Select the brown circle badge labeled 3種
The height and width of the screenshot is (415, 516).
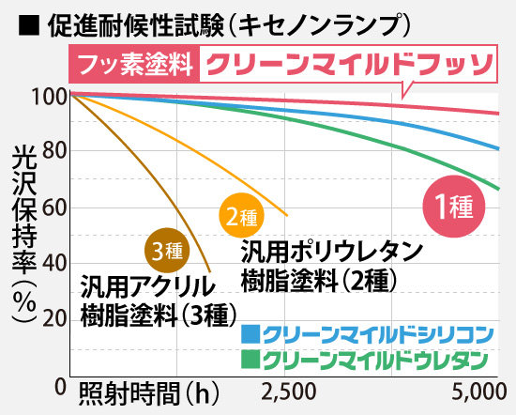[x=170, y=251]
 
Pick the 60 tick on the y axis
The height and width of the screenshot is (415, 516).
[x=53, y=207]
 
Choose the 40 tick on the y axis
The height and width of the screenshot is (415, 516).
[x=53, y=264]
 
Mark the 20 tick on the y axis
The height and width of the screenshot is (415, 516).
[x=53, y=319]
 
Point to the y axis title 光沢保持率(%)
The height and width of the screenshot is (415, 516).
[x=23, y=235]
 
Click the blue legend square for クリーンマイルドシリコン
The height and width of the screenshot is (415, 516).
[x=250, y=334]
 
